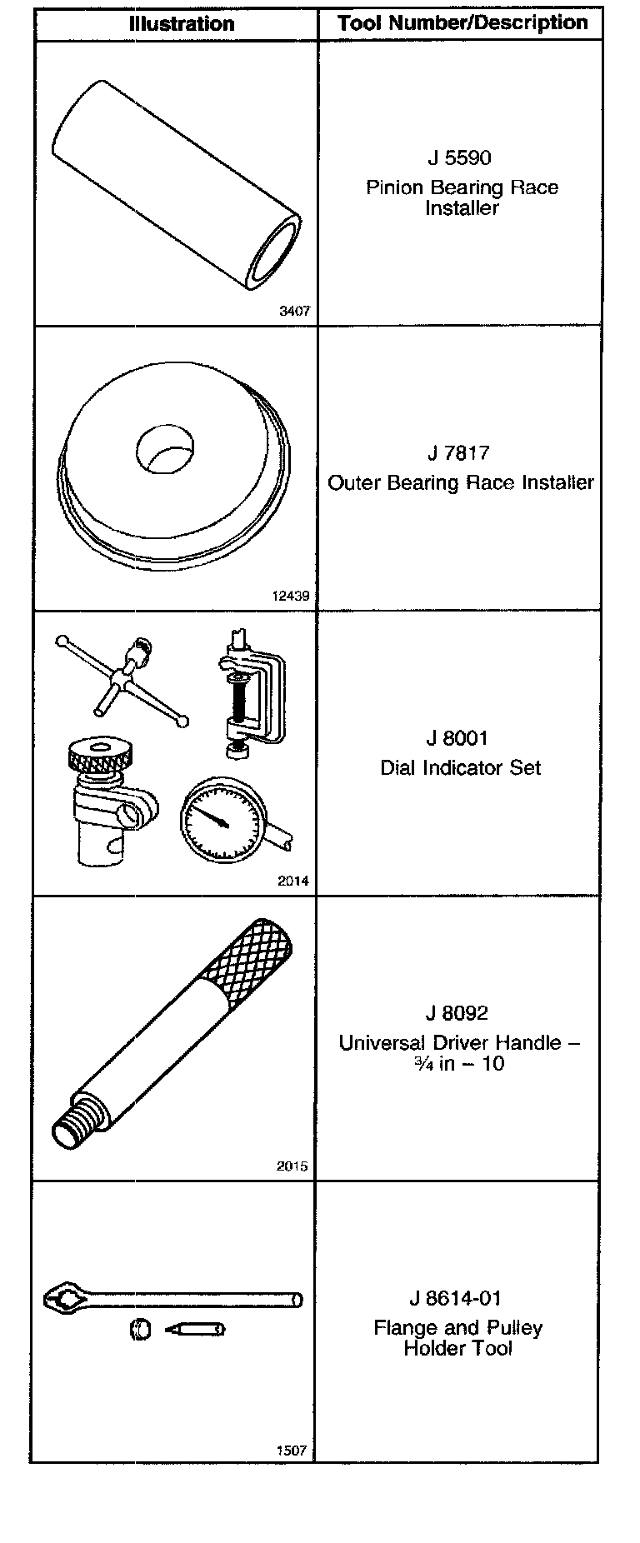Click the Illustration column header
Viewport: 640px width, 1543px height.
[181, 24]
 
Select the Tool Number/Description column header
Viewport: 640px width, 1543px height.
[462, 23]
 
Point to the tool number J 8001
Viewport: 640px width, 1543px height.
[457, 738]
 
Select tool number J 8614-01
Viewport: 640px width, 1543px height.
[457, 1298]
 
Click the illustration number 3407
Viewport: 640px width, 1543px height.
[294, 311]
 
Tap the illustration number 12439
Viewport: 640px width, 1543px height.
[291, 596]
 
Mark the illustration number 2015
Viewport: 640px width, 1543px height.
[292, 1166]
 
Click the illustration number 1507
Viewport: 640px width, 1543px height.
[292, 1451]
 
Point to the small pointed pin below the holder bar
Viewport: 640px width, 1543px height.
[197, 1330]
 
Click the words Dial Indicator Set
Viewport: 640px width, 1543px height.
[460, 767]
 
